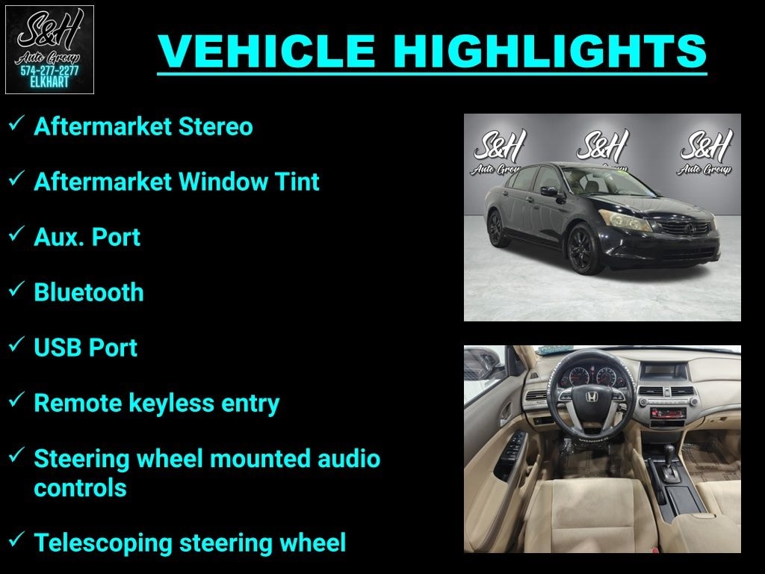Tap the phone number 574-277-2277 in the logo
(49, 71)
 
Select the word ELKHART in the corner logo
(49, 82)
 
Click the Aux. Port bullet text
(87, 237)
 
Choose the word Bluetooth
(88, 292)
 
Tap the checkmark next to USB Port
(16, 345)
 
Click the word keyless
(173, 403)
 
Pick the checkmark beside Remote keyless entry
(16, 400)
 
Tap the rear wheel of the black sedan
(495, 228)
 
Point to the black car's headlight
(623, 220)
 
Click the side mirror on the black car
(550, 192)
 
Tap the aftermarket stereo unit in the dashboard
(667, 413)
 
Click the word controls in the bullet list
(80, 488)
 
